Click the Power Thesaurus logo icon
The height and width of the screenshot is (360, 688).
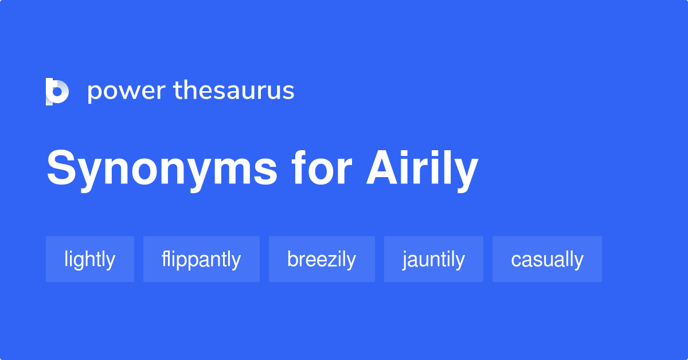[57, 91]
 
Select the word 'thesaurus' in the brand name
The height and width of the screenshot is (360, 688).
[234, 91]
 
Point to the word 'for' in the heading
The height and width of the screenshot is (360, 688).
[321, 169]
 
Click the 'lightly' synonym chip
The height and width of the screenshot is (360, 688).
[90, 260]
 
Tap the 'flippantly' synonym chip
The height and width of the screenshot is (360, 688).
[201, 260]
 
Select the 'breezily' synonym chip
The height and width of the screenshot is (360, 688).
[322, 260]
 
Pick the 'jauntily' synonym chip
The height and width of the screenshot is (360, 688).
[433, 260]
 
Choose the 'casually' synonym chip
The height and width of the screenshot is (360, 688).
[547, 260]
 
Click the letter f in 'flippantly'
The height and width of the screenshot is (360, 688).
[165, 259]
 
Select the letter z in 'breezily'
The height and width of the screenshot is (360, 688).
[334, 261]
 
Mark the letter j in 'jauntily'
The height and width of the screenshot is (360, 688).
[405, 261]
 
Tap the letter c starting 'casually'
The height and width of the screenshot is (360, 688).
[515, 261]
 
